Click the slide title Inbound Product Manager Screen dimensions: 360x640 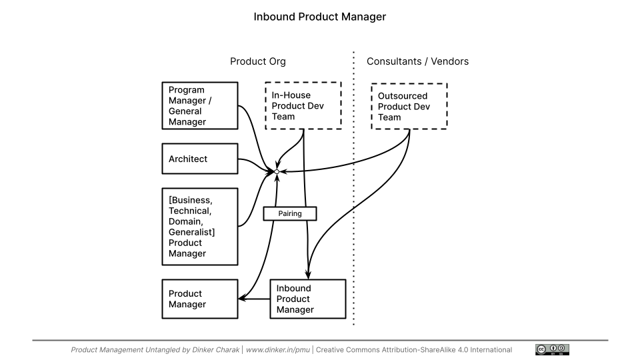319,17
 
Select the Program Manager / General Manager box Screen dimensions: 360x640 200,105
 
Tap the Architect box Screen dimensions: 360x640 200,159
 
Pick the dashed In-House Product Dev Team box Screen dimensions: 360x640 303,105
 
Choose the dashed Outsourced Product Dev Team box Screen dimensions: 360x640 409,106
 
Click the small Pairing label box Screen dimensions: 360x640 290,214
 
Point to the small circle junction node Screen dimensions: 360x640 277,172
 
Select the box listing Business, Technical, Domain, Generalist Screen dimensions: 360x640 200,227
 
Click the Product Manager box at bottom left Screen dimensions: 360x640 200,299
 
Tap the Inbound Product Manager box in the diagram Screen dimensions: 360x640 307,299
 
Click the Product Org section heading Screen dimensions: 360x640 257,61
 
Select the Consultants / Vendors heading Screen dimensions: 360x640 417,61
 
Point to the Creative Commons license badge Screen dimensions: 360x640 552,349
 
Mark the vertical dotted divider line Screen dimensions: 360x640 353,200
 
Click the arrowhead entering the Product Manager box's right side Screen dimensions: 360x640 241,298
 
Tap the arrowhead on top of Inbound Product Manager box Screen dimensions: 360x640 307,276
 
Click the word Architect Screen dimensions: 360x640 188,159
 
